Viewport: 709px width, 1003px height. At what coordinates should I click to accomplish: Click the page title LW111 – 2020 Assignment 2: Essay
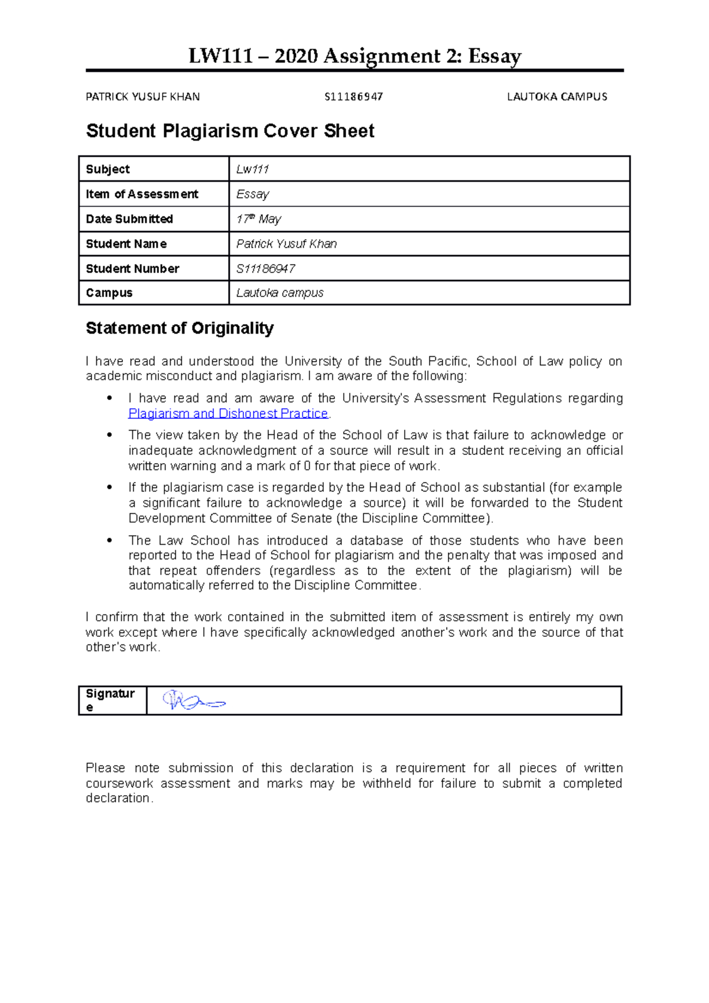point(354,56)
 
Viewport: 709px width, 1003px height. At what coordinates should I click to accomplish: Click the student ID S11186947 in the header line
point(354,97)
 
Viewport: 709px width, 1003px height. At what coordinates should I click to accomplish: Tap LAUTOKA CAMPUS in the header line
point(557,97)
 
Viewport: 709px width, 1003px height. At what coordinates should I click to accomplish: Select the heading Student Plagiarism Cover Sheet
point(230,131)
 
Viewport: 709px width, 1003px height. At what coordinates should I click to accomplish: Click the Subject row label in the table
point(108,170)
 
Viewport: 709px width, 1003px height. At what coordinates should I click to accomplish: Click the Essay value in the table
point(253,194)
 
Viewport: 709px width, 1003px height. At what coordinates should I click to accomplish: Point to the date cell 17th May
point(259,219)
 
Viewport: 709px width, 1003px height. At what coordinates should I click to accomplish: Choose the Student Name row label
point(126,244)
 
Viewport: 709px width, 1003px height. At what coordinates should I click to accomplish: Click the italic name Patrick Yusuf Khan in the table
point(287,244)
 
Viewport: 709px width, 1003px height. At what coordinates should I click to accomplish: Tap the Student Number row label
point(132,269)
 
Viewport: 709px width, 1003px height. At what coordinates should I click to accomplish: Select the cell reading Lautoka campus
point(280,293)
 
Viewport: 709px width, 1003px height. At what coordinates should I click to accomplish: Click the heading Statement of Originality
point(180,328)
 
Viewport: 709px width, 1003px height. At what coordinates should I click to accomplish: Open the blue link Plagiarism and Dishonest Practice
point(228,413)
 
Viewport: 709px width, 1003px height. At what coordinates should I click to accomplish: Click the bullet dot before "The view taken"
point(109,435)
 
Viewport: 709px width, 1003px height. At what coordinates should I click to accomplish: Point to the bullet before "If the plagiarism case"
point(109,487)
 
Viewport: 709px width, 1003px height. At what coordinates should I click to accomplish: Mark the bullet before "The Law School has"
point(109,540)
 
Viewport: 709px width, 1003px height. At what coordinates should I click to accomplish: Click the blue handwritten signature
point(193,701)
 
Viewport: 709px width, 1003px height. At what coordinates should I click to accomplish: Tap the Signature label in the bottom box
point(110,700)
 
